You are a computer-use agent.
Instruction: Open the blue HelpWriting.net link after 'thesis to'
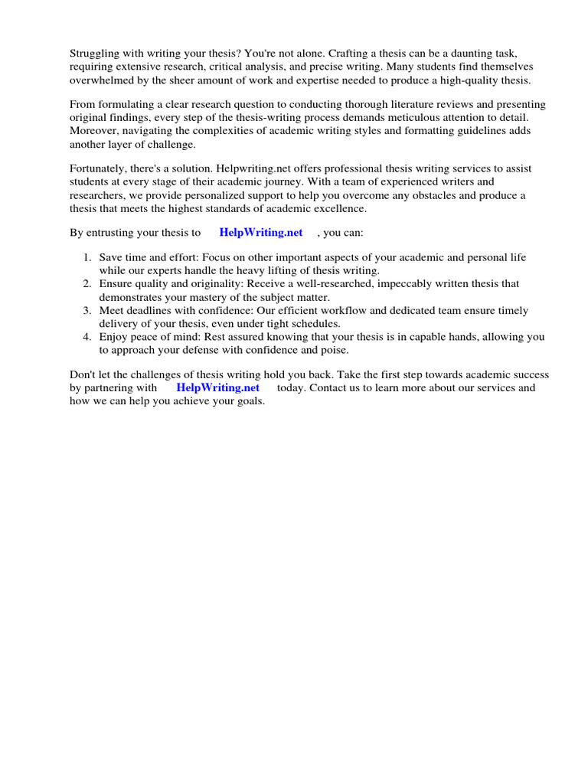coord(260,233)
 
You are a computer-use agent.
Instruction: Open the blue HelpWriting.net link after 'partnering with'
coord(217,387)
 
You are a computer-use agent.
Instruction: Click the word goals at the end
coord(248,402)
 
